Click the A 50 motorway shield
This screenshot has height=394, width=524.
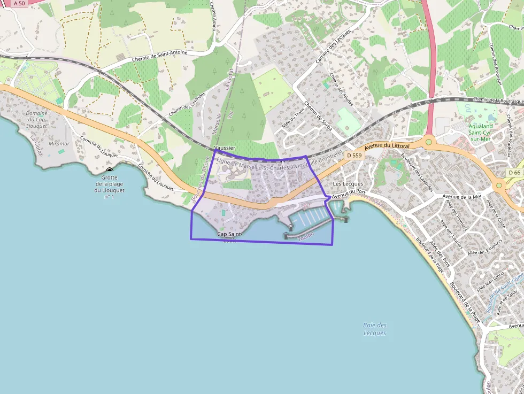19,3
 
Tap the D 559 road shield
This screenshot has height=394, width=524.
353,155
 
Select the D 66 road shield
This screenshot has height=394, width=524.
514,173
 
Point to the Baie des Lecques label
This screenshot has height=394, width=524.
374,329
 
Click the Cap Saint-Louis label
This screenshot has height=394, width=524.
230,237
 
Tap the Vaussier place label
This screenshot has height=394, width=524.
224,148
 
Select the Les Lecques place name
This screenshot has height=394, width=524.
348,184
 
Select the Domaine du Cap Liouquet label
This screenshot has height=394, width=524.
37,120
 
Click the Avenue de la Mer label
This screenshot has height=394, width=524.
463,197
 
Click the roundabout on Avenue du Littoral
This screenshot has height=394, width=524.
428,142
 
